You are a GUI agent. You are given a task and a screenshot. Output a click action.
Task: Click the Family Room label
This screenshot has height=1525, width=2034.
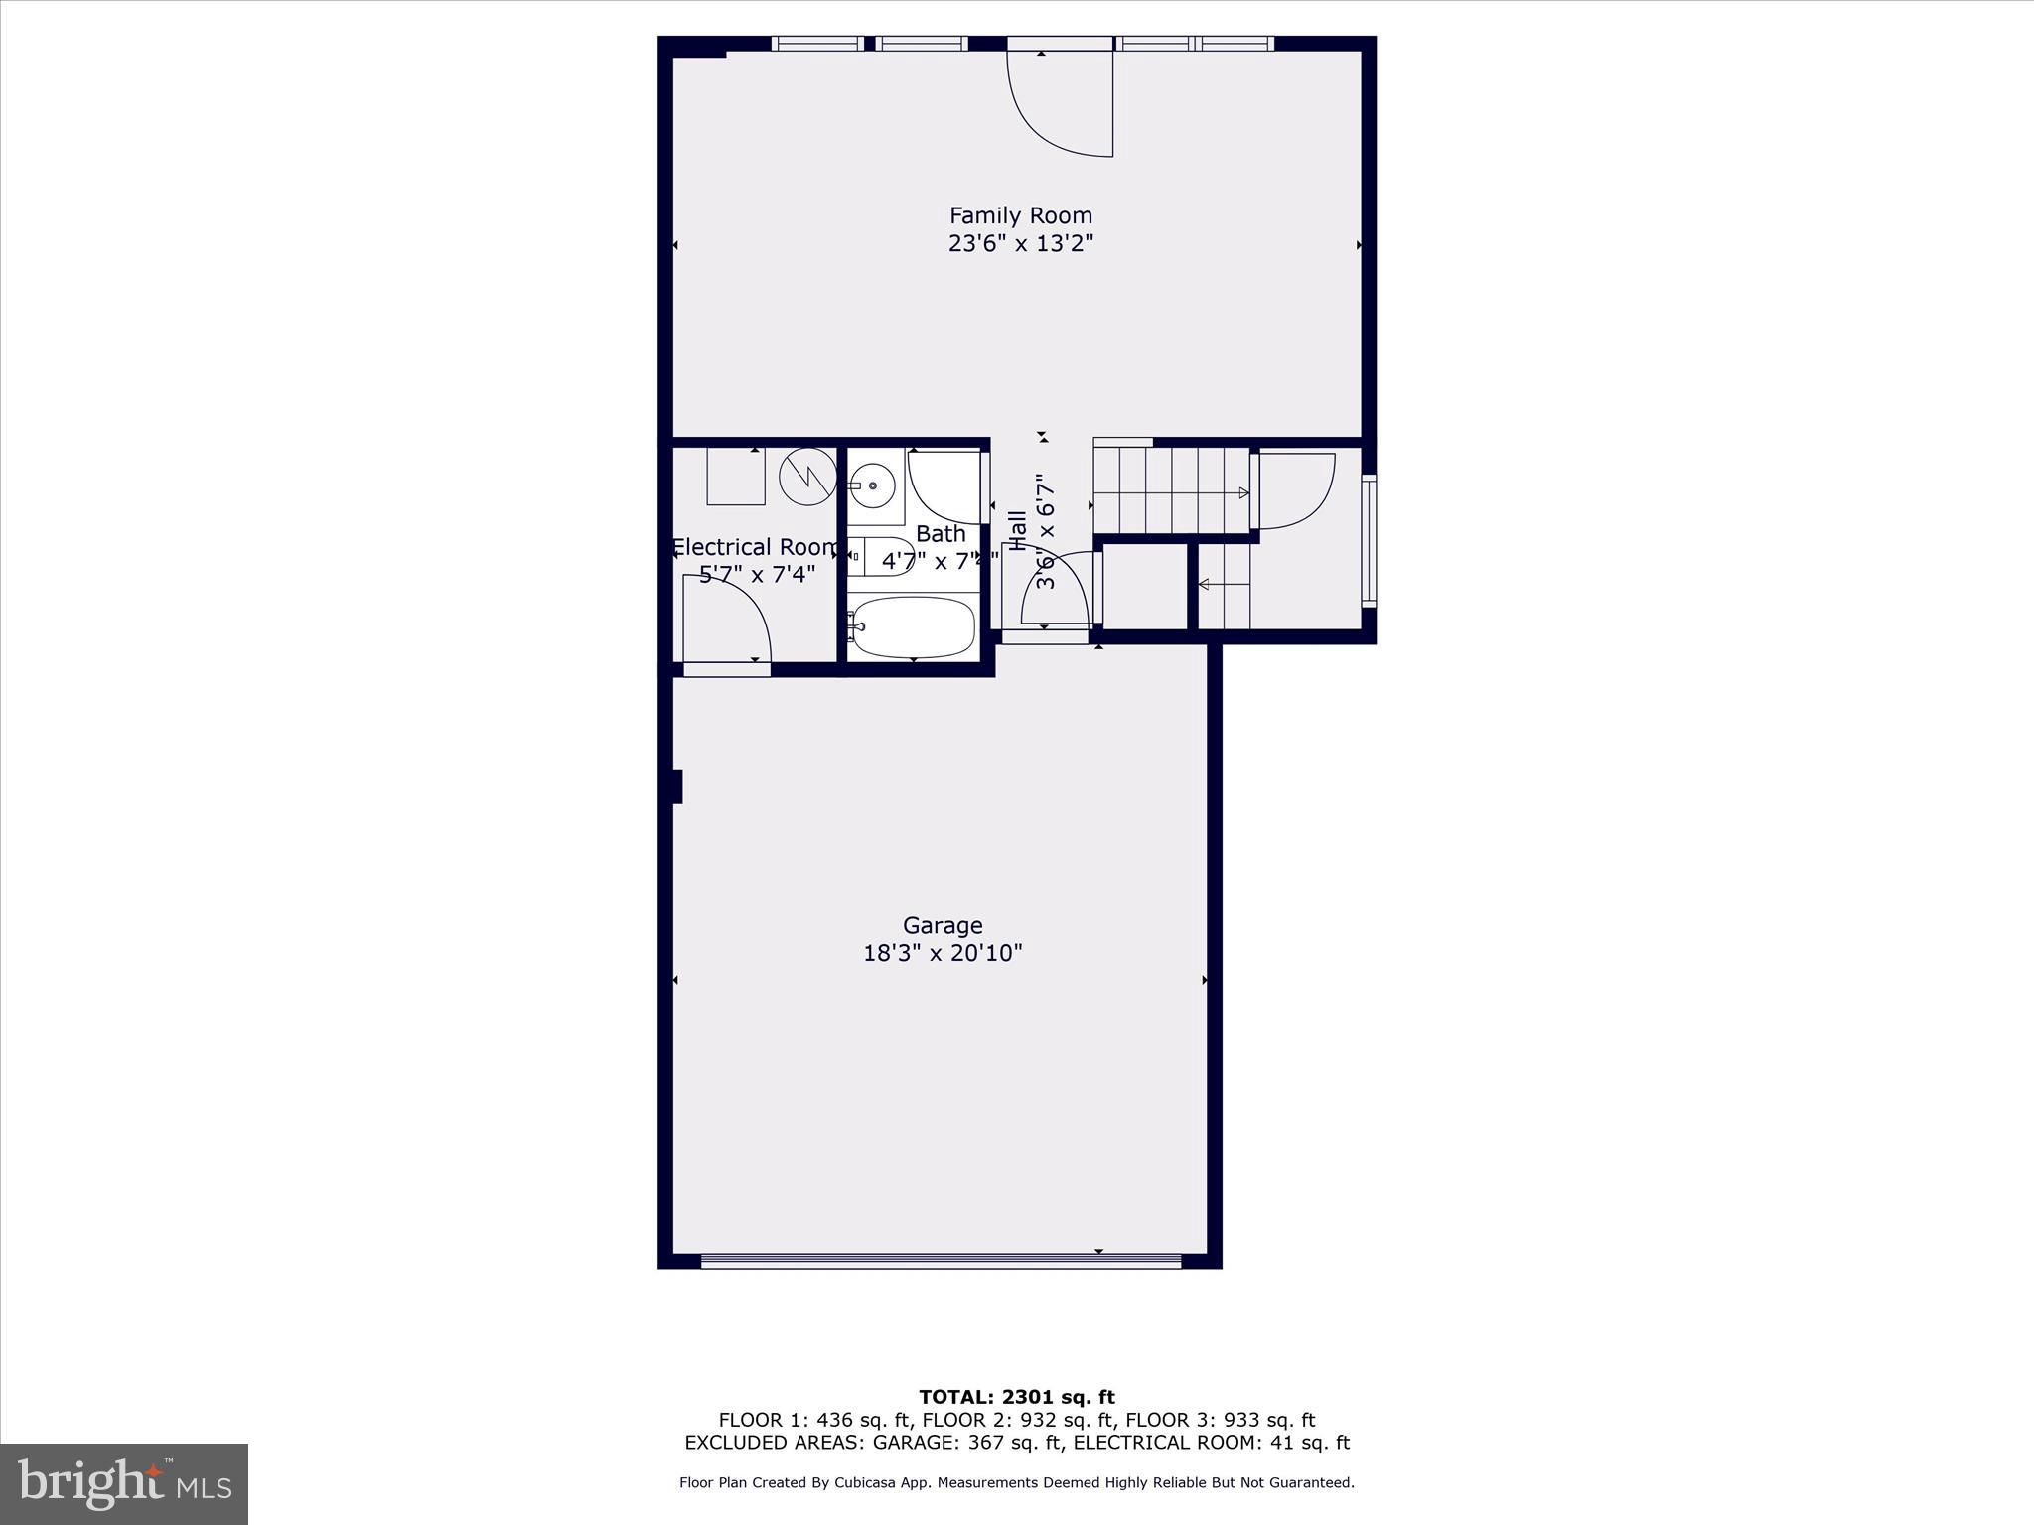(x=1020, y=215)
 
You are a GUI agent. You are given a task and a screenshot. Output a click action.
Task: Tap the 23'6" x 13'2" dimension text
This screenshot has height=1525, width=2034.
(x=1020, y=244)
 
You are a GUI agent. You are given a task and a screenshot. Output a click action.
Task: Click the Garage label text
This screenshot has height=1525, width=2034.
(x=942, y=925)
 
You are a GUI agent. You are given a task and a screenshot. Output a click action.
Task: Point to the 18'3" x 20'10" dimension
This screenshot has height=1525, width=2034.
(x=942, y=953)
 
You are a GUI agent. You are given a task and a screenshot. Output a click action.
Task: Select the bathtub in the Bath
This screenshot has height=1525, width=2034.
(x=913, y=627)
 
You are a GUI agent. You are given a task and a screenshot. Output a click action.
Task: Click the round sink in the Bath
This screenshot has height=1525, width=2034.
(x=873, y=485)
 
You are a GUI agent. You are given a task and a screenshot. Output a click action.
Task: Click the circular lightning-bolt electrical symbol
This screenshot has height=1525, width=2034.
(x=807, y=476)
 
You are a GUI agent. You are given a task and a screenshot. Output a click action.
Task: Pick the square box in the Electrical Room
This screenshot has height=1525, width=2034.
(x=736, y=477)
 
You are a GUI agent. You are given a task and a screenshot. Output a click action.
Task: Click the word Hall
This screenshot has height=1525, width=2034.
(x=1017, y=531)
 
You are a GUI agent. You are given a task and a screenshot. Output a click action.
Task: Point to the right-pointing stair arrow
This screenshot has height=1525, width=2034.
(x=1242, y=492)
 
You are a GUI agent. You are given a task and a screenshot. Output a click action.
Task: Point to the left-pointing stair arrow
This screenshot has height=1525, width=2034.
(x=1206, y=585)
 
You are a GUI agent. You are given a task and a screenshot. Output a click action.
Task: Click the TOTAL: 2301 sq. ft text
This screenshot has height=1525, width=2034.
(x=1016, y=1397)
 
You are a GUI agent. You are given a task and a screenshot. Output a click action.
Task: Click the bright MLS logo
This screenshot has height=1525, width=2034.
(x=124, y=1484)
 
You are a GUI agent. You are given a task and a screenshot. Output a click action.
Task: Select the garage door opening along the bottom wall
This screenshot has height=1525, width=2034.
(x=941, y=1261)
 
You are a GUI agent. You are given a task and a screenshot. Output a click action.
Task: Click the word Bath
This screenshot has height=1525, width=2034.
(x=940, y=534)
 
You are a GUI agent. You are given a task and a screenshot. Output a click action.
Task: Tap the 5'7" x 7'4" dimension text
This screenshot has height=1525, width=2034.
(x=757, y=574)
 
